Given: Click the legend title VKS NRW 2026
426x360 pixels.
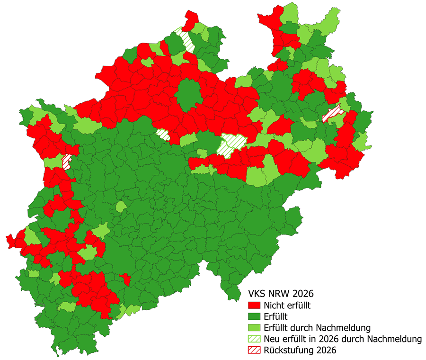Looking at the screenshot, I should point(281,293).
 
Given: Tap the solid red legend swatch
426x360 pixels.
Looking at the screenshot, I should point(255,305).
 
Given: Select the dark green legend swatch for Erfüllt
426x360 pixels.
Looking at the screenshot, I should point(255,316).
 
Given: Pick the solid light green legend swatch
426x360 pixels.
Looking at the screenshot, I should point(255,327).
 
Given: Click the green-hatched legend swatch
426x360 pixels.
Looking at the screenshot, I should point(255,339).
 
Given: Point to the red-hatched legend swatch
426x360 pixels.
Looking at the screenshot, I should point(255,350).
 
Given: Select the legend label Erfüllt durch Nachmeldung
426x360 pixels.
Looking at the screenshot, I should point(317,327).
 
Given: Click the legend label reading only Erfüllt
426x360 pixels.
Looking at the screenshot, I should point(276,316).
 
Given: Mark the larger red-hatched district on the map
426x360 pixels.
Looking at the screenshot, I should point(332,113).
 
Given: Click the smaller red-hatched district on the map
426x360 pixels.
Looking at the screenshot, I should point(67,161).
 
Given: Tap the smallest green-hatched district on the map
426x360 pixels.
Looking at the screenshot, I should point(163,134).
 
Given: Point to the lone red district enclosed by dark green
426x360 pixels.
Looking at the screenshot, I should point(125,279).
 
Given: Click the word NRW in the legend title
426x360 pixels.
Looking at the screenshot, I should point(283,293).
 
